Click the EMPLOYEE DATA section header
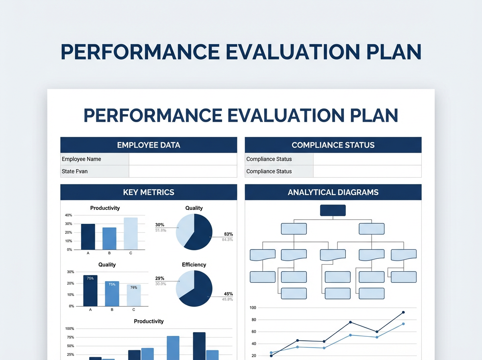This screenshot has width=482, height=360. click(149, 145)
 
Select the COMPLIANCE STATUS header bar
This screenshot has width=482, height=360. click(333, 145)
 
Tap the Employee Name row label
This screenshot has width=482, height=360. click(82, 159)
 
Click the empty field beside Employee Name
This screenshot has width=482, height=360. click(183, 159)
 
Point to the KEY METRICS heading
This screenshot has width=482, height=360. click(149, 192)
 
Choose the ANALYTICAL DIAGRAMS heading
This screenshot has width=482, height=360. click(333, 192)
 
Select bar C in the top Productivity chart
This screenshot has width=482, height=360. click(131, 233)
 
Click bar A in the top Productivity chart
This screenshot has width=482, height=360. click(88, 237)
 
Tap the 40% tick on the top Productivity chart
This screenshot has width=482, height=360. click(68, 215)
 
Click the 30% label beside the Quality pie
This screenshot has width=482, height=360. click(160, 225)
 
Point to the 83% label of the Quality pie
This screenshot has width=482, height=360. click(229, 234)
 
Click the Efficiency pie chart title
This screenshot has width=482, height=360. click(194, 265)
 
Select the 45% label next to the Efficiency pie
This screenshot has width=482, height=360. click(228, 294)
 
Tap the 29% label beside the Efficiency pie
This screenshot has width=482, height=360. click(160, 278)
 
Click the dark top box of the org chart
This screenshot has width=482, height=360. click(333, 210)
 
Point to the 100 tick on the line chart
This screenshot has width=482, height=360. click(253, 308)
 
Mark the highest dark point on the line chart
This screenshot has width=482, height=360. click(403, 312)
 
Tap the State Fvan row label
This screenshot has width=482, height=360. click(75, 171)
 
